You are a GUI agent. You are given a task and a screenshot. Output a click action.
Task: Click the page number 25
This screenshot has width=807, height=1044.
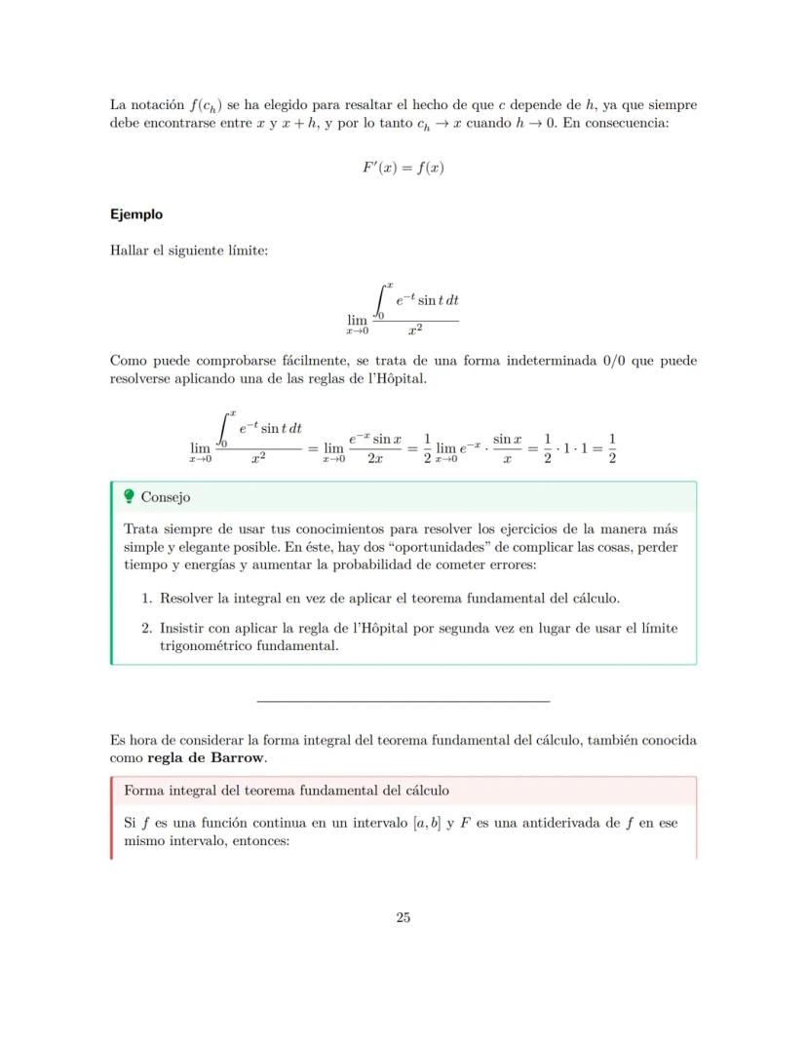click(x=403, y=917)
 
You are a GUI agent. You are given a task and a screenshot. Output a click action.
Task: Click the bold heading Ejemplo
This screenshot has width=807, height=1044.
click(x=136, y=214)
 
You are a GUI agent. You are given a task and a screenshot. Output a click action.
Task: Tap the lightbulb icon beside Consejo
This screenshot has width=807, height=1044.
click(x=129, y=497)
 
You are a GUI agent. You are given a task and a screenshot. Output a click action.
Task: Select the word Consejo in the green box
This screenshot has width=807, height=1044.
click(x=166, y=497)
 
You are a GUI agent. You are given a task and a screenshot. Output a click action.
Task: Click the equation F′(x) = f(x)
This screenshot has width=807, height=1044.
click(x=403, y=168)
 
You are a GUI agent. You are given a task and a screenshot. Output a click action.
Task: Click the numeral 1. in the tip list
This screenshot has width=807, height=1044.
click(x=148, y=598)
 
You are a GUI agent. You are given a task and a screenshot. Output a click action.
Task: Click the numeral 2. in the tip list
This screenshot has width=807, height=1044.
click(x=148, y=629)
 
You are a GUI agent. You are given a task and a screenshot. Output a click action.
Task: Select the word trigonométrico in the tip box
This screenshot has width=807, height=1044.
click(x=207, y=644)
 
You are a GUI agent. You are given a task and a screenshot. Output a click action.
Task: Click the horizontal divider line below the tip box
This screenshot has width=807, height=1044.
click(x=403, y=701)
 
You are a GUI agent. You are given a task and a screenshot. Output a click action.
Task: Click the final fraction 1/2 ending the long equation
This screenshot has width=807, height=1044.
click(x=611, y=449)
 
